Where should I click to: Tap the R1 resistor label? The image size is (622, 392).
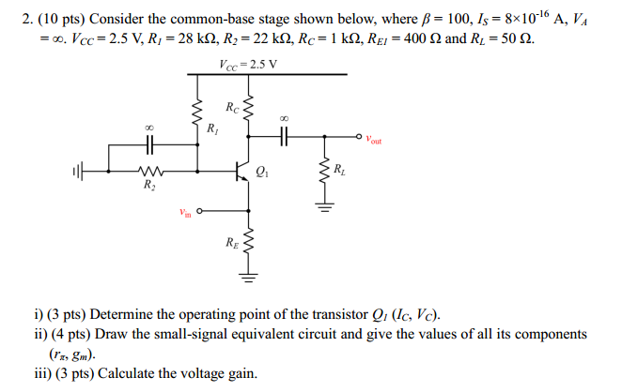coord(213,128)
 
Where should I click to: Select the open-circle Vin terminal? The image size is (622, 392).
coord(201,210)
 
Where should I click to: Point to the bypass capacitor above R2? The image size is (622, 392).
coord(149,144)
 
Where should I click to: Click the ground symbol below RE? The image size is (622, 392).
coord(248,276)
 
